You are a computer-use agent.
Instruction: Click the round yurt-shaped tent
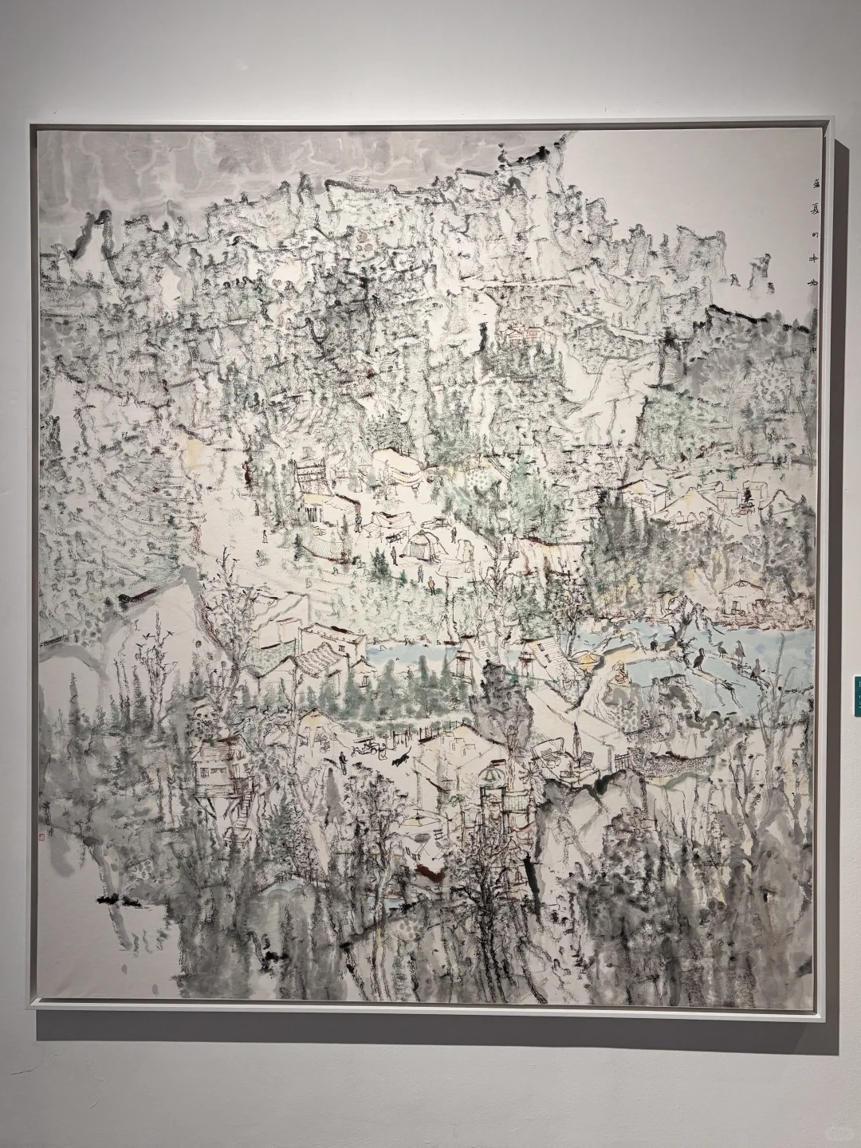click(419, 545)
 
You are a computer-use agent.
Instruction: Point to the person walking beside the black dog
click(344, 761)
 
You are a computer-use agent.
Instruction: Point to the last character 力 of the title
click(771, 279)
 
